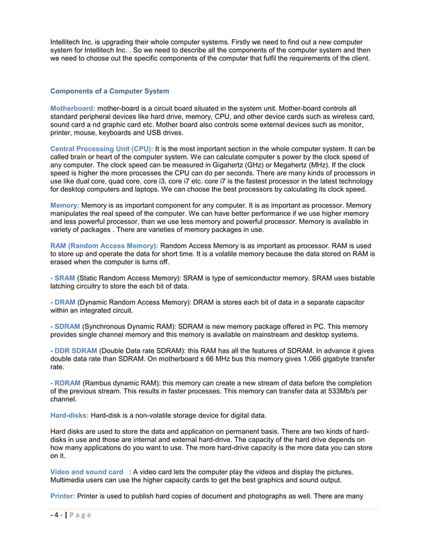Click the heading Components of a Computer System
coord(110,91)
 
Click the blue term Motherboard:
coord(73,108)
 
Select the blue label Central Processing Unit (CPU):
coord(102,148)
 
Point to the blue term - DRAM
coord(63,302)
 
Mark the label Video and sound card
coord(87,472)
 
